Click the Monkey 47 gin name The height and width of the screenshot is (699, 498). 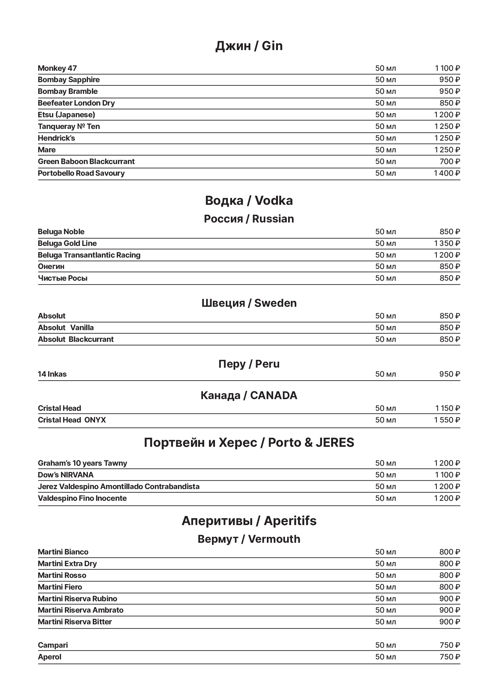click(x=57, y=68)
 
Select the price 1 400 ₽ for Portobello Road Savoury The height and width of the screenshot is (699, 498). click(x=446, y=173)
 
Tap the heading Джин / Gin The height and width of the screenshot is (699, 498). click(x=249, y=46)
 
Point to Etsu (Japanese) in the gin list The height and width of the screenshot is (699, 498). click(x=66, y=115)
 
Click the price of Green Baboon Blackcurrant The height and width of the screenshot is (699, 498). click(x=449, y=162)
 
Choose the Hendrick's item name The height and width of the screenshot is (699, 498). click(x=56, y=138)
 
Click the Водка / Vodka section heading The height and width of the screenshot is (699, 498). click(x=249, y=201)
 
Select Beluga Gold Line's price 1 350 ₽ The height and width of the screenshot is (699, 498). click(x=447, y=243)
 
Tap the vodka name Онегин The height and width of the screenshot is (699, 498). click(x=51, y=267)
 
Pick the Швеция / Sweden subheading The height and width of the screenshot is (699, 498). click(x=249, y=303)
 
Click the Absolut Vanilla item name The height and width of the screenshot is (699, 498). click(x=66, y=328)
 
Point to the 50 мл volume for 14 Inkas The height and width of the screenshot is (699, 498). click(x=386, y=374)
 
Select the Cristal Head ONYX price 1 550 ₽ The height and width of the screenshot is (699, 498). click(x=447, y=420)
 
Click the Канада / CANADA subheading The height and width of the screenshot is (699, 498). click(x=249, y=395)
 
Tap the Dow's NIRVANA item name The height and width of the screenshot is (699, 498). click(x=65, y=475)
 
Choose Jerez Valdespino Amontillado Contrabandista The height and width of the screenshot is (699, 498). click(x=118, y=487)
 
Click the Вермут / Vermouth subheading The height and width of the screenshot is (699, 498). click(x=249, y=539)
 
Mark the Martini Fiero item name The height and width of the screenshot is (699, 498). click(x=60, y=587)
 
